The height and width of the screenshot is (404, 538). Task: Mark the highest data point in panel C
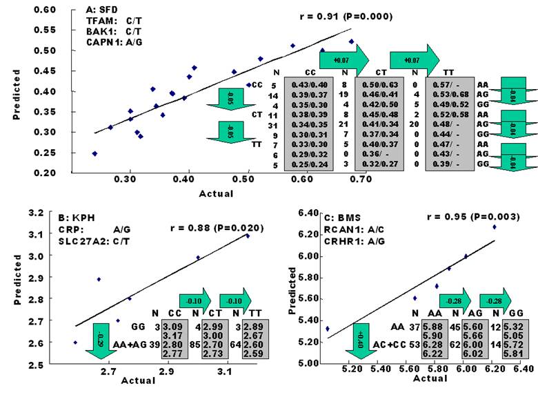(494, 227)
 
